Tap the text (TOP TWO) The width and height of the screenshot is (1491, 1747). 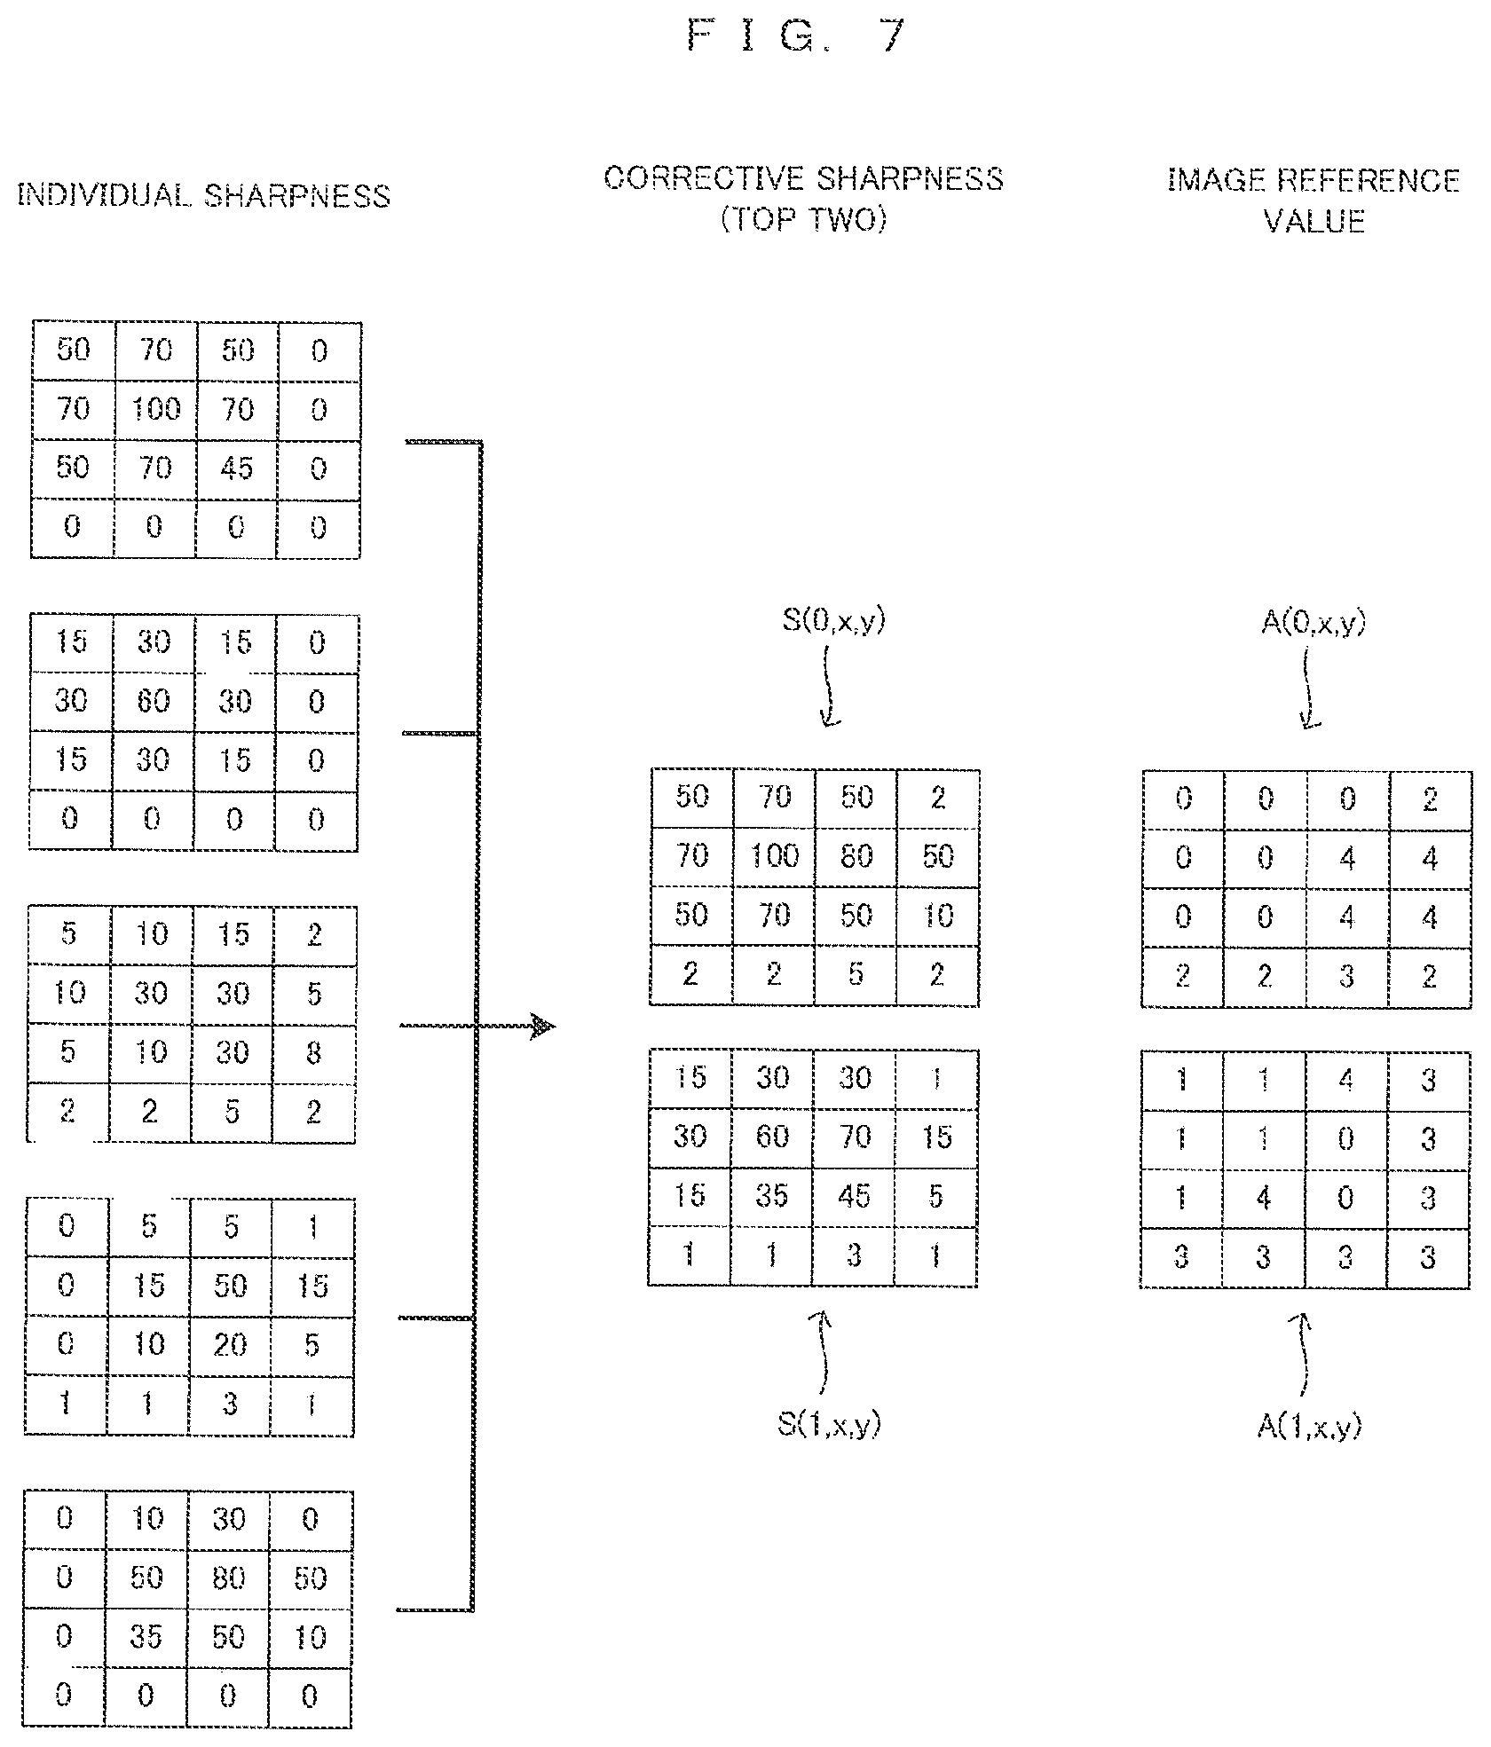804,218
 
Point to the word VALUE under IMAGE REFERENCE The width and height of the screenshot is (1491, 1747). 1313,220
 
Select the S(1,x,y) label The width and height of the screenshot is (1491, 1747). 829,1424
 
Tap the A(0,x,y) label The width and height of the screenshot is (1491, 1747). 1313,622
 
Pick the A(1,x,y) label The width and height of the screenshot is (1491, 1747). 1309,1426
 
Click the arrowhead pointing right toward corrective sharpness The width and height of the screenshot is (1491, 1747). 542,1027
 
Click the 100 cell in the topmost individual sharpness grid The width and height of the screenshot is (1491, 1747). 156,410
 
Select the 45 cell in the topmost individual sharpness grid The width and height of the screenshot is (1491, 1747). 237,468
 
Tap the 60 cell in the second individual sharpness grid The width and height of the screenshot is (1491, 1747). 154,702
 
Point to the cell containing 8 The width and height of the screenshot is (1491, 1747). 314,1053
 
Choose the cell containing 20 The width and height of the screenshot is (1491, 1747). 230,1345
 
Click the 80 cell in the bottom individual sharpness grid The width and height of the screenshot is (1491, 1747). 228,1578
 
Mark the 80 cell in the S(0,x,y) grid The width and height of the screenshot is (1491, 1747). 856,857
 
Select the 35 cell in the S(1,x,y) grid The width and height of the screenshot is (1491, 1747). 771,1196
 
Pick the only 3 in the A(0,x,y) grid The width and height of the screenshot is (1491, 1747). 1347,977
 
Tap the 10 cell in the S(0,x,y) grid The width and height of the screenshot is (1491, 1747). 938,916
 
